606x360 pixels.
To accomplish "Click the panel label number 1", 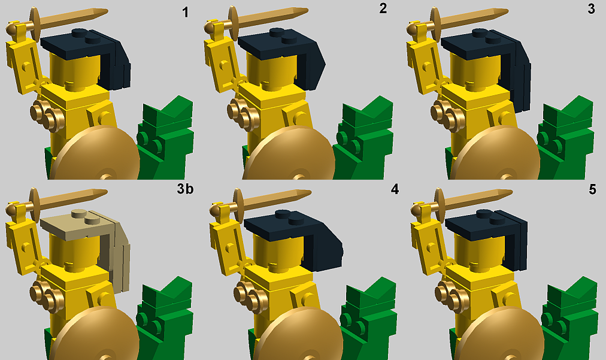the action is [186, 12].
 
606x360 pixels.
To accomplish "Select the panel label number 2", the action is [383, 8].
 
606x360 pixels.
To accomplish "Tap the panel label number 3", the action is [591, 8].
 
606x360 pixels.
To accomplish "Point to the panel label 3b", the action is [185, 189].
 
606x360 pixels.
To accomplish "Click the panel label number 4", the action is [394, 189].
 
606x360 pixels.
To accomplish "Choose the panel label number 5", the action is [592, 189].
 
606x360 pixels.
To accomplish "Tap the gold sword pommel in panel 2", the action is [209, 28].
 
